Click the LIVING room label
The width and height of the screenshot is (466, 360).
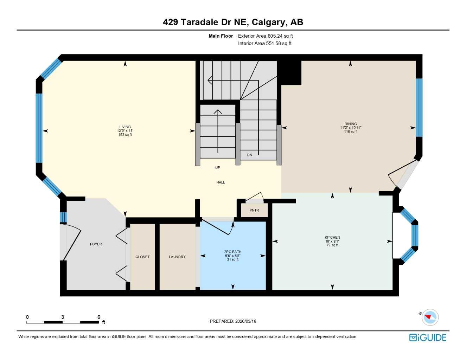click(125, 127)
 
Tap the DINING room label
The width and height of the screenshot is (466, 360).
click(350, 124)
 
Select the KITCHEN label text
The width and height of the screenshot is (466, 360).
click(332, 237)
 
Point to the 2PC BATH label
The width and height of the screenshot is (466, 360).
click(232, 252)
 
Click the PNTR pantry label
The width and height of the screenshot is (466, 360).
click(254, 210)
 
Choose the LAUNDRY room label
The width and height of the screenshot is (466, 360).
click(177, 257)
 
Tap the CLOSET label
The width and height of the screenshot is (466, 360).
click(142, 257)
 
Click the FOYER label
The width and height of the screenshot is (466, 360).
click(96, 244)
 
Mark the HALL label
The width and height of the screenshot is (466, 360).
click(221, 182)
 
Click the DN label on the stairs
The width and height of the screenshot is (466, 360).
click(249, 155)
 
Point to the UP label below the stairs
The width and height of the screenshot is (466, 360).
click(217, 168)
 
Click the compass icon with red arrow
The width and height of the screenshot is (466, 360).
click(429, 317)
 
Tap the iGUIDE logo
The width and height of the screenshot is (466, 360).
click(427, 337)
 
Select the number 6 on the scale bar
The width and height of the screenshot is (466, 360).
click(99, 317)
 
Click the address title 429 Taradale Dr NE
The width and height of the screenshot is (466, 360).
click(233, 22)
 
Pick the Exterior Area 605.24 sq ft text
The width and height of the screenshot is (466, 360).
click(265, 36)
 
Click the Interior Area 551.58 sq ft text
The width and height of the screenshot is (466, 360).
click(264, 43)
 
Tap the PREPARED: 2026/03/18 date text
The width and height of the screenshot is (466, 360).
click(233, 321)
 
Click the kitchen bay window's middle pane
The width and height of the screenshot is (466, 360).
click(415, 235)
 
